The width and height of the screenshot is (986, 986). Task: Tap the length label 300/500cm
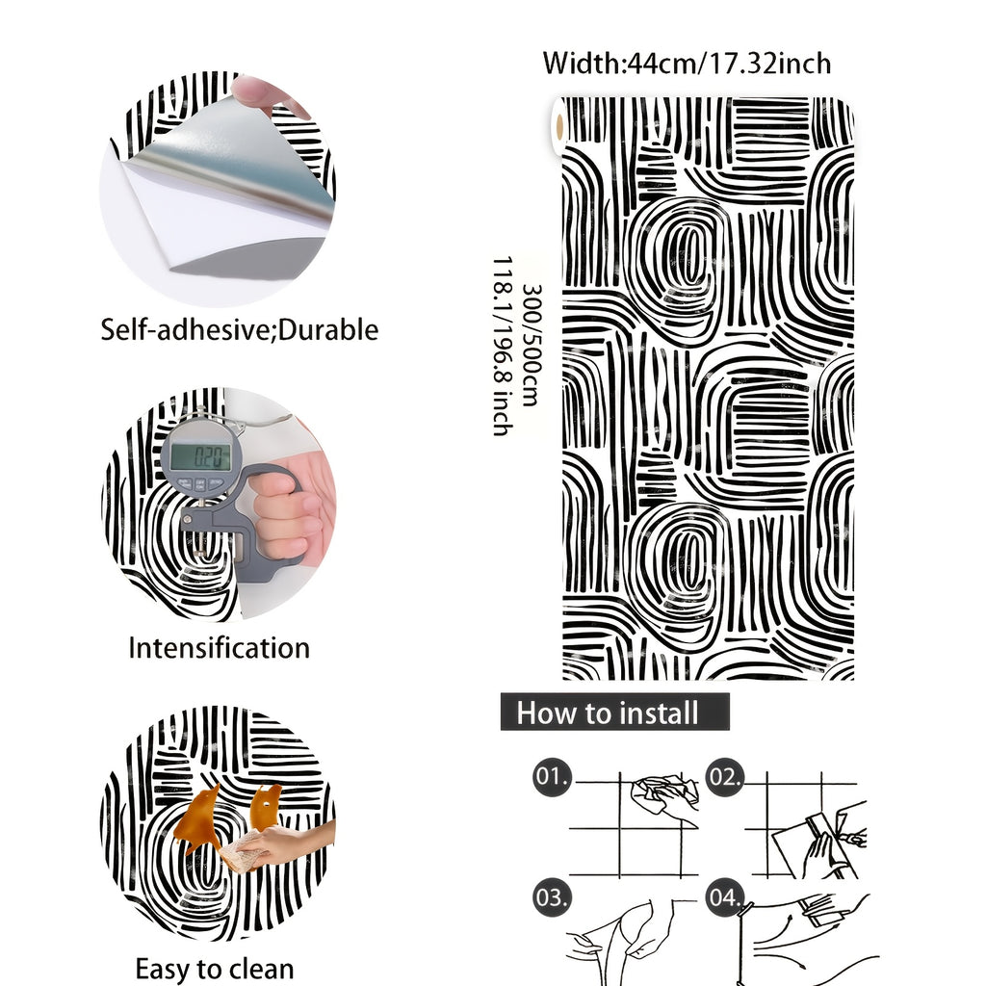pos(532,346)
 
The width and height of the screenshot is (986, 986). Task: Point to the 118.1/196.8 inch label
pos(503,346)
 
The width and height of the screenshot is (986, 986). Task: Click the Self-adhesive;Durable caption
pos(240,329)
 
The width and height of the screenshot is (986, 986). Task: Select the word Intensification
pos(219,648)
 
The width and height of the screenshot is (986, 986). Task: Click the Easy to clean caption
pos(215,969)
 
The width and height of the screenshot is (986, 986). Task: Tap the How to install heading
pos(614,712)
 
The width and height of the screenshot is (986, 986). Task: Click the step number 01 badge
pos(552,777)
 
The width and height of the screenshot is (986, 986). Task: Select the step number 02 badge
pos(724,777)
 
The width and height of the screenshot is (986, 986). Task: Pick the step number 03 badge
pos(552,897)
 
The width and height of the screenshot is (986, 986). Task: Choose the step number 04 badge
pos(724,897)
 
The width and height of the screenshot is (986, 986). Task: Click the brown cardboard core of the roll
pos(559,128)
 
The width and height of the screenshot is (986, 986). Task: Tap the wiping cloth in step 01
pos(663,793)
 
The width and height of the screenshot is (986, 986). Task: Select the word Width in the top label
pos(582,64)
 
